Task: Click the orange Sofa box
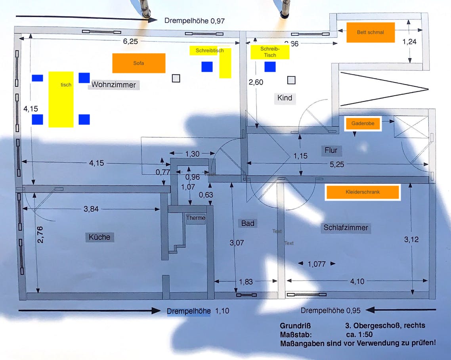(x=139, y=63)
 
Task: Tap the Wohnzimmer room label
(x=113, y=85)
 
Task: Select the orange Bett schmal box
(x=371, y=33)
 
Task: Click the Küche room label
(x=99, y=237)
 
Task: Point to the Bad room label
(x=248, y=224)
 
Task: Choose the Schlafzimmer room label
(x=346, y=228)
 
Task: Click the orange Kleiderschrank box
(x=362, y=192)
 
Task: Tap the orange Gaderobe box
(x=363, y=124)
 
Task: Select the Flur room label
(x=331, y=150)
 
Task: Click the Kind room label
(x=285, y=98)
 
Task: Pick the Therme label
(x=196, y=218)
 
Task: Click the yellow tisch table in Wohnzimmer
(x=61, y=99)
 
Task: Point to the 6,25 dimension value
(x=130, y=41)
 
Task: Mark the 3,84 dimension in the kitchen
(x=91, y=209)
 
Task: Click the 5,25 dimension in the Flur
(x=337, y=165)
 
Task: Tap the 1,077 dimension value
(x=317, y=264)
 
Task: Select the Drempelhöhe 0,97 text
(x=195, y=21)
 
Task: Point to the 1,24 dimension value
(x=409, y=42)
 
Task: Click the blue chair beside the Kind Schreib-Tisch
(x=270, y=67)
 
